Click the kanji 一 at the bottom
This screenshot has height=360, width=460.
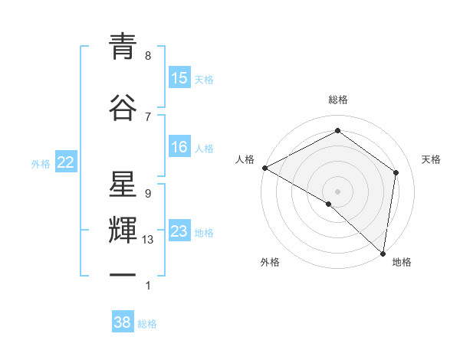click(123, 276)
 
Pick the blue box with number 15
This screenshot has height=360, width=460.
click(179, 78)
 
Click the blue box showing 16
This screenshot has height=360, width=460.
click(179, 148)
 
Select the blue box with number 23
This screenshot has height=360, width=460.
click(179, 232)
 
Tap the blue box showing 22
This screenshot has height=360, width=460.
click(66, 162)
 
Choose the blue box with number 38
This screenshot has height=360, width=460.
click(123, 323)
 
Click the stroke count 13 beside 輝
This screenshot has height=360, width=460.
click(148, 240)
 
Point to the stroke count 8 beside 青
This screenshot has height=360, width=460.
click(148, 55)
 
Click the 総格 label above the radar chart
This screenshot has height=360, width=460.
click(338, 100)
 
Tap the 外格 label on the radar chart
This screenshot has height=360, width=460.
click(270, 262)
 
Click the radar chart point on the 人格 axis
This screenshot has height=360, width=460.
click(264, 168)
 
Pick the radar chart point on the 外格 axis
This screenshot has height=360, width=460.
click(329, 204)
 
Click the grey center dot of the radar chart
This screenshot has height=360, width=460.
click(338, 191)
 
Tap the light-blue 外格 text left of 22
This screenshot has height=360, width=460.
click(41, 163)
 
